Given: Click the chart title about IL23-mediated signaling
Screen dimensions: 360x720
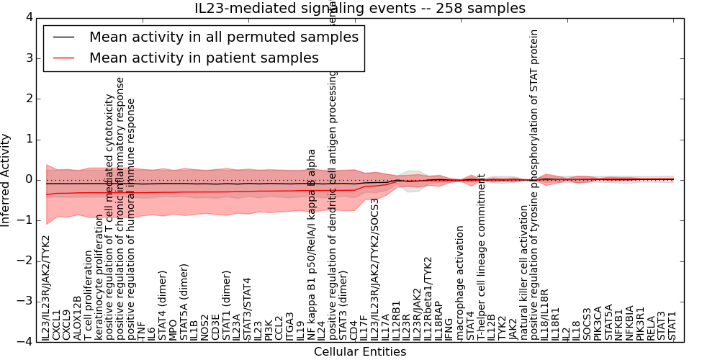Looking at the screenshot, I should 360,9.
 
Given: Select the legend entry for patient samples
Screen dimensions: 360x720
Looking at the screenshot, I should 204,58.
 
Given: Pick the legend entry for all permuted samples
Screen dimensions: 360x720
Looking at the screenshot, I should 223,37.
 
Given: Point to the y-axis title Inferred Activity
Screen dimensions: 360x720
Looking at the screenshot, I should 6,179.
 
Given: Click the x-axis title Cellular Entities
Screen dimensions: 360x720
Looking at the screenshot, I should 360,352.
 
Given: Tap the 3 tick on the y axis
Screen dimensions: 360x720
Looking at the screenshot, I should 28,58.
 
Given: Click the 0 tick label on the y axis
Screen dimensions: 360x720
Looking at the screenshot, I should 28,179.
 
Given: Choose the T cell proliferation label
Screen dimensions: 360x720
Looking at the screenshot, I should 89,295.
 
